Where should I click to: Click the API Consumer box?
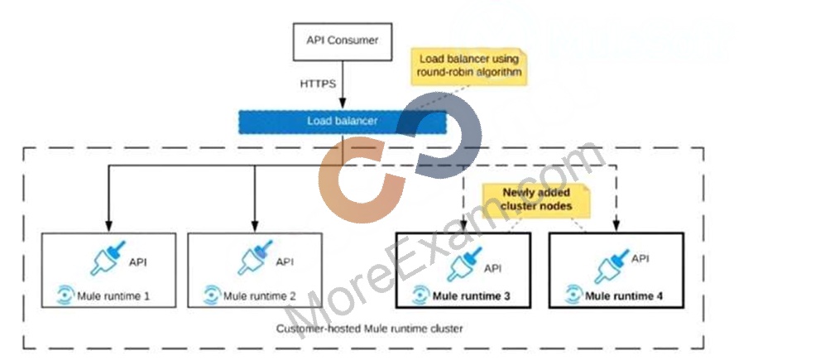click(x=343, y=41)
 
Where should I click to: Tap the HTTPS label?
click(x=318, y=84)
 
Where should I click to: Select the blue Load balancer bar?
click(x=343, y=122)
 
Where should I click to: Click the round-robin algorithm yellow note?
click(x=469, y=65)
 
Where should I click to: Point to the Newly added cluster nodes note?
click(x=535, y=199)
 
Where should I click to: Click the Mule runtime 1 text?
click(x=113, y=296)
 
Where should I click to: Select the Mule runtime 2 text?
click(x=259, y=296)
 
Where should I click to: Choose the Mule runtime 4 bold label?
click(x=624, y=295)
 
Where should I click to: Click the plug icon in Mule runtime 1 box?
click(x=108, y=258)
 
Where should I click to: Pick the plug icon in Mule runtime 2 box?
click(x=255, y=258)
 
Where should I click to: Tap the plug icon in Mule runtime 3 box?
click(x=464, y=264)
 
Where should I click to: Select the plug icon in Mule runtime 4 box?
click(x=612, y=266)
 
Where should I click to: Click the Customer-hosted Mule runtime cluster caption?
click(x=370, y=329)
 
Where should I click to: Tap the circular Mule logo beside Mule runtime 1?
click(x=65, y=295)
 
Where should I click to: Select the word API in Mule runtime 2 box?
click(x=285, y=262)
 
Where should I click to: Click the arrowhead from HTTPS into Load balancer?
click(x=343, y=104)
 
